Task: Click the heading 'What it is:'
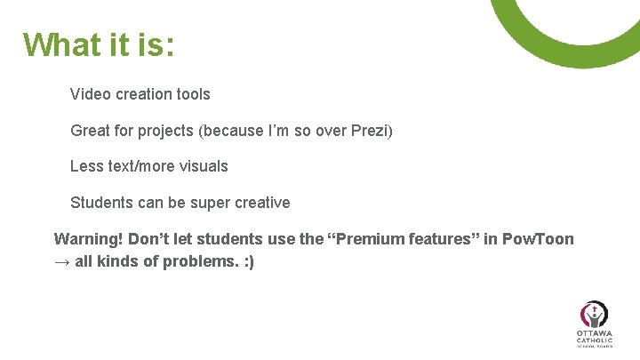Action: [99, 44]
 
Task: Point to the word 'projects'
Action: [164, 131]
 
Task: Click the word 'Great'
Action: [91, 131]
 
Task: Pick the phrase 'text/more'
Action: [140, 166]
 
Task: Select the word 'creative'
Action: [262, 203]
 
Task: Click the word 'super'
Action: [210, 203]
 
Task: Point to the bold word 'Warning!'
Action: [89, 239]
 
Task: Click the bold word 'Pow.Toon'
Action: [539, 239]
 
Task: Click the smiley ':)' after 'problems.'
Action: [247, 263]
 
